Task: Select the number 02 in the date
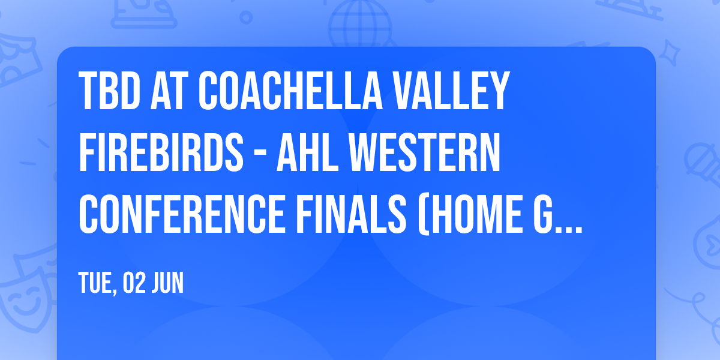click(134, 283)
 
